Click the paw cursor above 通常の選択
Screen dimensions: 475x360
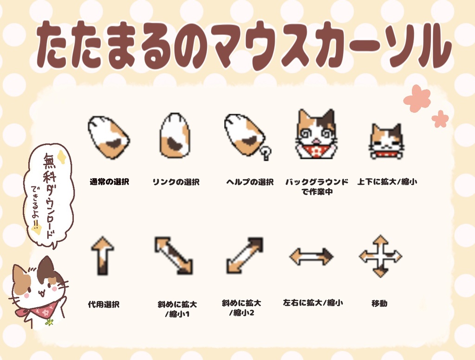pos(109,137)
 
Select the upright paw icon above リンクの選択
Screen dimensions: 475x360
pos(175,135)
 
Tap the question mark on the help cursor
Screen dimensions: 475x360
pos(266,153)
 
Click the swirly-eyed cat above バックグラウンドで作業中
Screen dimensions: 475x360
pos(316,134)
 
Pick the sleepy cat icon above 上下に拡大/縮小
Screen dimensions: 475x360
pos(386,141)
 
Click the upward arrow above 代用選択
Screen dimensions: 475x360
pos(103,256)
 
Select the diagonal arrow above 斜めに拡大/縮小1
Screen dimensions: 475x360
pos(173,256)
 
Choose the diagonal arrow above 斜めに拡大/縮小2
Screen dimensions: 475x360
pos(245,256)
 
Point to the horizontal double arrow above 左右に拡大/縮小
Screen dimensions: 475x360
pos(311,257)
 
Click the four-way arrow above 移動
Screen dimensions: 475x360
pos(380,257)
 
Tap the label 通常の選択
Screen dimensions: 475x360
pos(109,182)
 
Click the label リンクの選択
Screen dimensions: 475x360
pos(176,182)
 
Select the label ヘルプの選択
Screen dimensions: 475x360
pos(250,182)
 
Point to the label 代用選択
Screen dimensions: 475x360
pos(103,304)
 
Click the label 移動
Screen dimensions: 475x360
pos(379,303)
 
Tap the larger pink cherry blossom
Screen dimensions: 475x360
pos(417,98)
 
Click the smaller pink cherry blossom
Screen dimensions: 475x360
pos(440,119)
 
